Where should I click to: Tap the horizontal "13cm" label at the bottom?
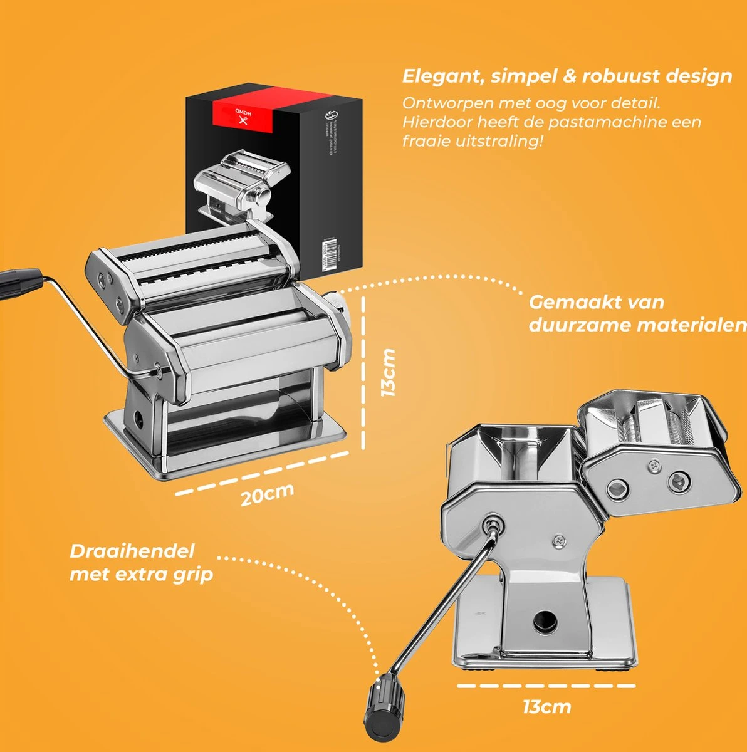click(x=546, y=707)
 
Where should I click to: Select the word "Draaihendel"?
click(x=132, y=551)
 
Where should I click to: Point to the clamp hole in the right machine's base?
click(x=543, y=621)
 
